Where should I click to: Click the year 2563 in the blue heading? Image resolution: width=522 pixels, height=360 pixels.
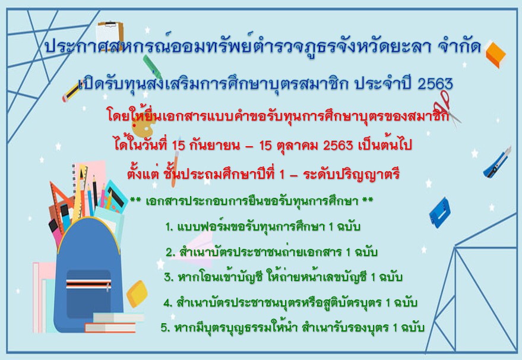pyautogui.click(x=435, y=84)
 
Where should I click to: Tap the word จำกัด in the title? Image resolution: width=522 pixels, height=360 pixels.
pyautogui.click(x=460, y=46)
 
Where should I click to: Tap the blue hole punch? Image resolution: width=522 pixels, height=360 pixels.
pyautogui.click(x=440, y=213)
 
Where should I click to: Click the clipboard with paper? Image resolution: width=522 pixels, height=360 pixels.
pyautogui.click(x=109, y=36)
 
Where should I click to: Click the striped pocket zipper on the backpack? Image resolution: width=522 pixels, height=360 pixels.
pyautogui.click(x=88, y=284)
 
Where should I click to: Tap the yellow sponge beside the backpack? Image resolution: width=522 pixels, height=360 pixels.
pyautogui.click(x=137, y=293)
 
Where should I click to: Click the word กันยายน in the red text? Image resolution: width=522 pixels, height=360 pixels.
pyautogui.click(x=214, y=145)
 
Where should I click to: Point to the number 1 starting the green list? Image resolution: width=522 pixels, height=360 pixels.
pyautogui.click(x=169, y=227)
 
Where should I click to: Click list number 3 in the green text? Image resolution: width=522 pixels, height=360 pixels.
pyautogui.click(x=169, y=277)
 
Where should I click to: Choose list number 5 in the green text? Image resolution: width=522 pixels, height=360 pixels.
pyautogui.click(x=166, y=328)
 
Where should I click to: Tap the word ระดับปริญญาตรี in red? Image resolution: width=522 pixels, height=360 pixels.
pyautogui.click(x=351, y=175)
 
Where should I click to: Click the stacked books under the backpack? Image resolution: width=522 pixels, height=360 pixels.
pyautogui.click(x=114, y=323)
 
